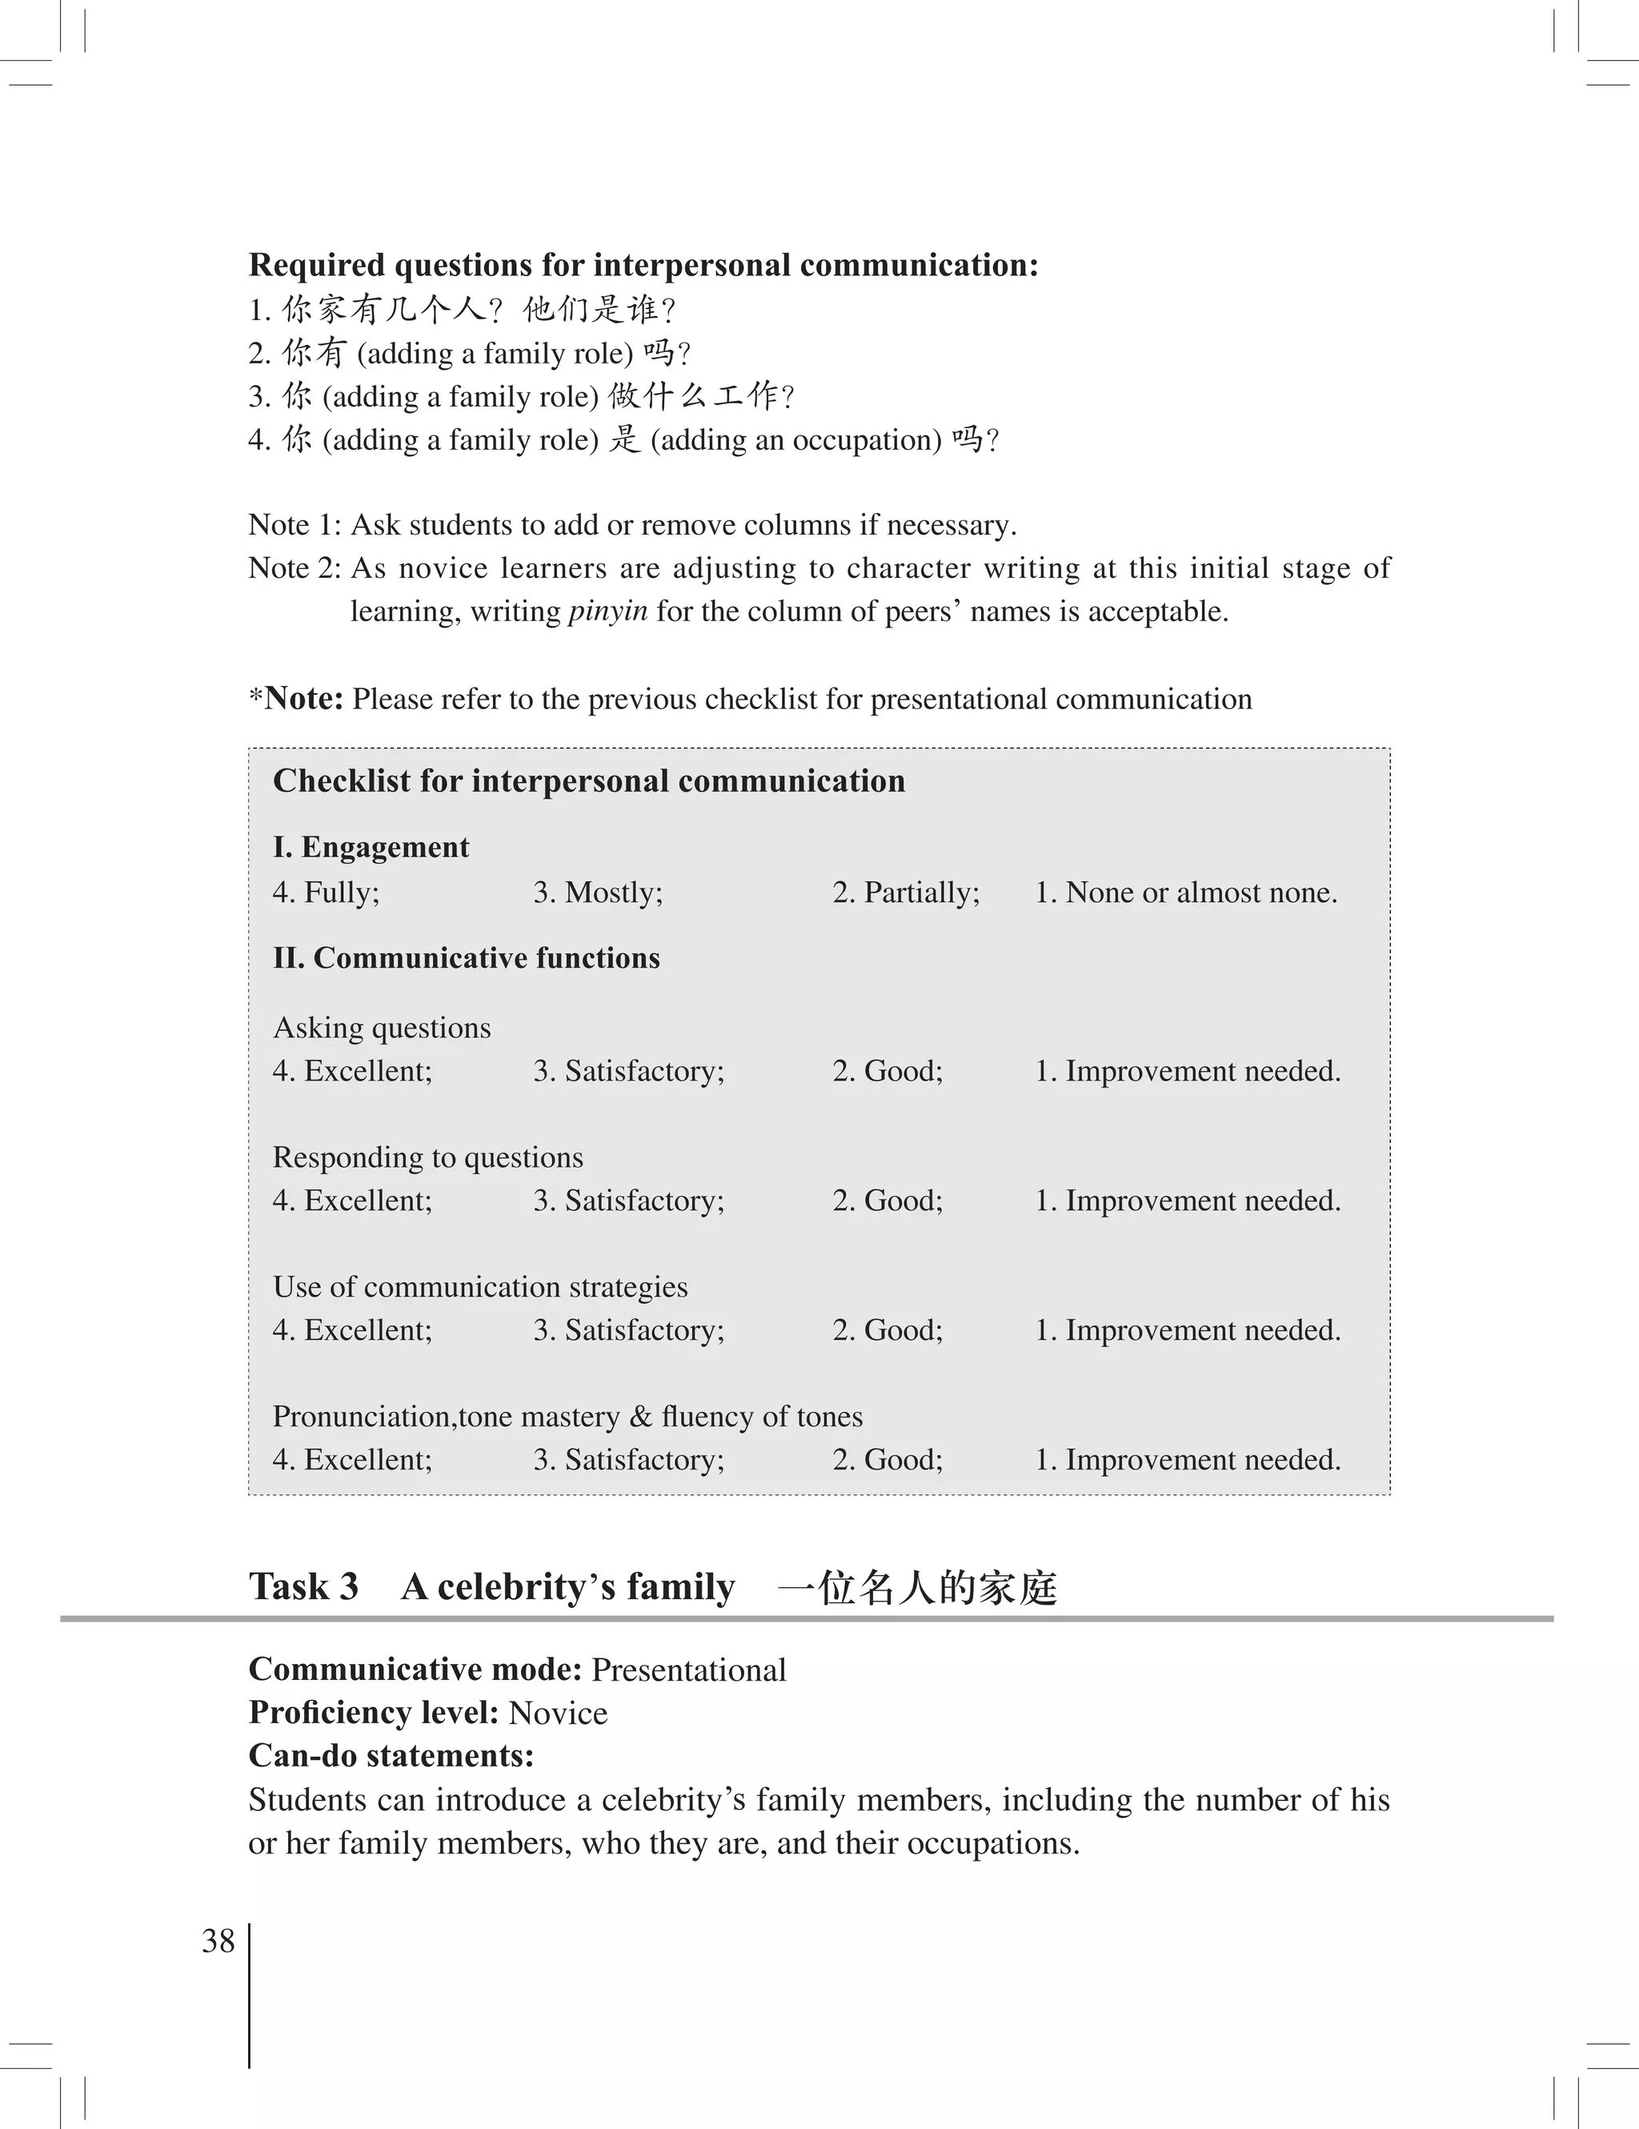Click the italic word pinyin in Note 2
click(607, 612)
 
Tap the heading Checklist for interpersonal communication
click(588, 781)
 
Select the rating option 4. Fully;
click(327, 892)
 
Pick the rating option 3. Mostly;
click(597, 892)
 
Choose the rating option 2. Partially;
click(905, 892)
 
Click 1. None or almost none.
click(1185, 892)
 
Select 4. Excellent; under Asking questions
click(352, 1070)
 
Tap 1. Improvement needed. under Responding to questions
click(1187, 1200)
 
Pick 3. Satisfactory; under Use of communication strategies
click(628, 1329)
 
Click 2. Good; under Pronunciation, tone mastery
click(887, 1459)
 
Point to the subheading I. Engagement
click(371, 847)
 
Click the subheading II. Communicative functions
click(466, 957)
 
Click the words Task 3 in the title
click(303, 1587)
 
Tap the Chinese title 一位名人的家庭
click(917, 1588)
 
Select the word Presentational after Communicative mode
click(688, 1670)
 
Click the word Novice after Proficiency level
click(557, 1713)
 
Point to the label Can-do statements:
click(391, 1756)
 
